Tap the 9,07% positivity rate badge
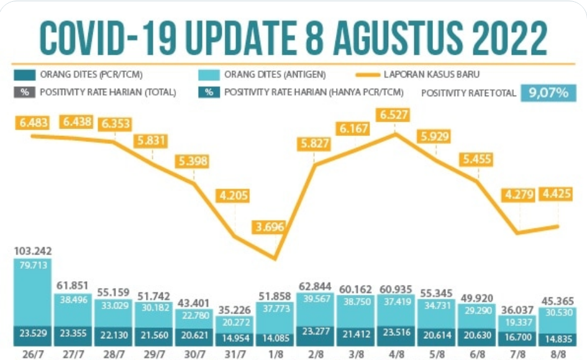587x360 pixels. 548,93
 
